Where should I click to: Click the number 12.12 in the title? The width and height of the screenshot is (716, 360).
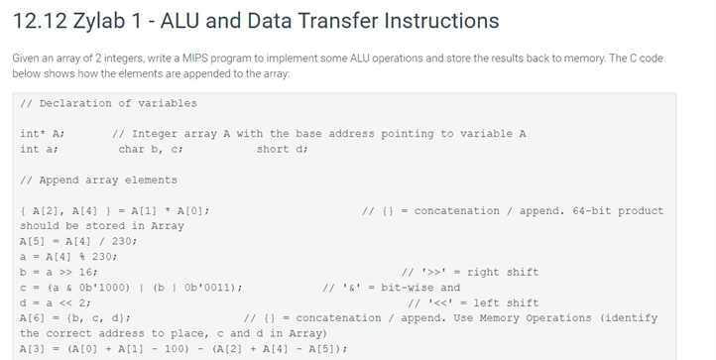coord(39,21)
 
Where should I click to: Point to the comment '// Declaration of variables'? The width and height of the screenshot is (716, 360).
coord(108,103)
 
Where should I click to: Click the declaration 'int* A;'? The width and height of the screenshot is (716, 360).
coord(42,134)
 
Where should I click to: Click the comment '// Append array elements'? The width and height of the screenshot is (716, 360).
coord(98,180)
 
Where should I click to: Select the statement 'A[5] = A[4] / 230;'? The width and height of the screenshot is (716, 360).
coord(78,241)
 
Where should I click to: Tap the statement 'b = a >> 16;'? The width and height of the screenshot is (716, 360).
coord(59,272)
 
